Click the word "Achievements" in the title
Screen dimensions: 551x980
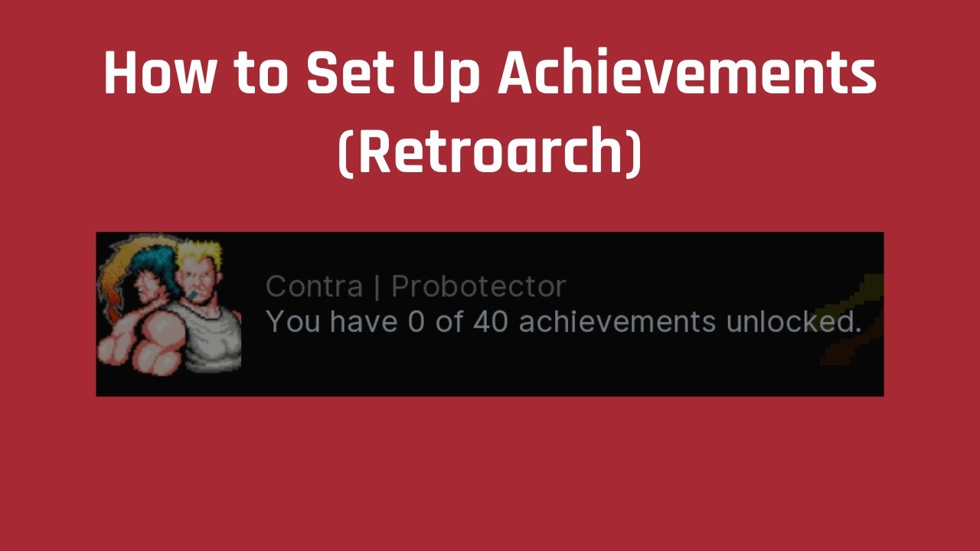[x=688, y=74]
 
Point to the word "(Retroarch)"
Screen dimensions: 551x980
[x=490, y=153]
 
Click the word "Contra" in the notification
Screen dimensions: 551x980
[x=314, y=287]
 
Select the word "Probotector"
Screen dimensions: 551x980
[x=479, y=287]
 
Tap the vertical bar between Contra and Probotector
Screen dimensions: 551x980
[x=377, y=288]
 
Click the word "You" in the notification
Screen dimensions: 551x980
[x=293, y=322]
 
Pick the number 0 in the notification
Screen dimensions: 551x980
[x=415, y=322]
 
